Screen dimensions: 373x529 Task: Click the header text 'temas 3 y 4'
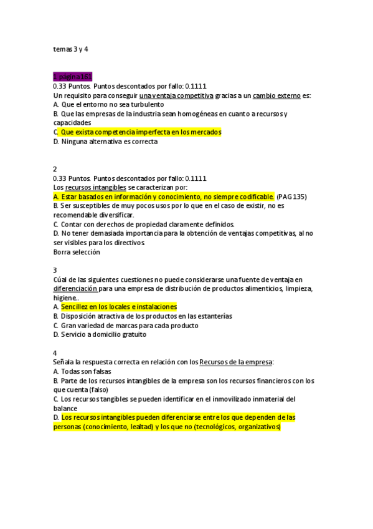click(x=71, y=49)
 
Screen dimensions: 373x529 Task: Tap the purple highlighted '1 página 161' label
click(x=73, y=76)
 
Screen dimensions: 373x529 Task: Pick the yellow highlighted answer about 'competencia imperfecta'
click(x=141, y=132)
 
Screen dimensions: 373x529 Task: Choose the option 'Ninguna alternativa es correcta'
click(x=110, y=142)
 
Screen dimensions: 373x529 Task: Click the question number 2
click(x=55, y=169)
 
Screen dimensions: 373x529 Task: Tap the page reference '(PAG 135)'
click(x=291, y=197)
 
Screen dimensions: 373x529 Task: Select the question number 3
click(x=55, y=270)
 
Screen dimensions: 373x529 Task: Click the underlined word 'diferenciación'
click(x=75, y=288)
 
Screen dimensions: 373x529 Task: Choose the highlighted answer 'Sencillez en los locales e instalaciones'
click(x=118, y=307)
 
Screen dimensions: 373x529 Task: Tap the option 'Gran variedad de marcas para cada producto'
click(x=130, y=325)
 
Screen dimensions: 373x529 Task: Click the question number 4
click(x=55, y=352)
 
